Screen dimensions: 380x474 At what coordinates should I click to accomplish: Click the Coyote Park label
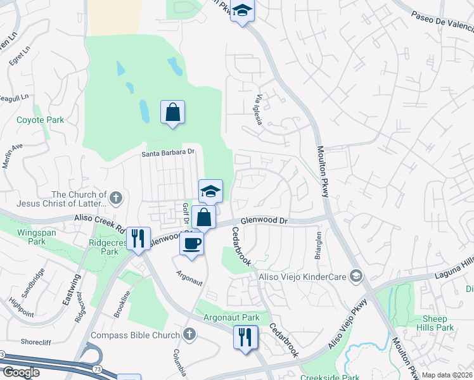pos(41,120)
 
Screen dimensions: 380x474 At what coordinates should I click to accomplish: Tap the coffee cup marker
pos(192,243)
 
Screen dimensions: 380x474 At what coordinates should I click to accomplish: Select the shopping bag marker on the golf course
pos(172,113)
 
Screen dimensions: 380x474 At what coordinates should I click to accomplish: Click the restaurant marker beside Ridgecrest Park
pos(138,239)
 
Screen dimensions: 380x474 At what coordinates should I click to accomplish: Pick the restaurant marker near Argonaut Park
pos(246,337)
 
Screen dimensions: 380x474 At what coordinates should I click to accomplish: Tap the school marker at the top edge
pos(242,11)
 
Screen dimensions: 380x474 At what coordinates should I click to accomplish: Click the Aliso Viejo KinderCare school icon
pos(356,275)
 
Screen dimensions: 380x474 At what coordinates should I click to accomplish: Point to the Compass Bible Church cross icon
pos(189,334)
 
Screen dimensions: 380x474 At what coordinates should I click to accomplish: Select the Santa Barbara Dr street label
pos(167,153)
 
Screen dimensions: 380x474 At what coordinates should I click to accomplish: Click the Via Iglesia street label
pos(259,110)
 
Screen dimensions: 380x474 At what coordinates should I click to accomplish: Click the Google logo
pos(21,372)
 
